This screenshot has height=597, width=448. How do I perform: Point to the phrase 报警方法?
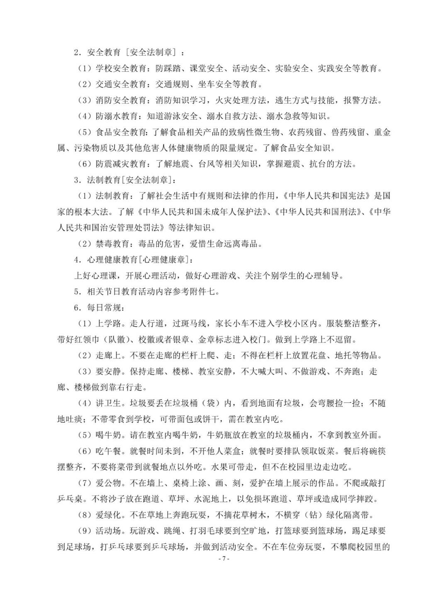click(x=360, y=100)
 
